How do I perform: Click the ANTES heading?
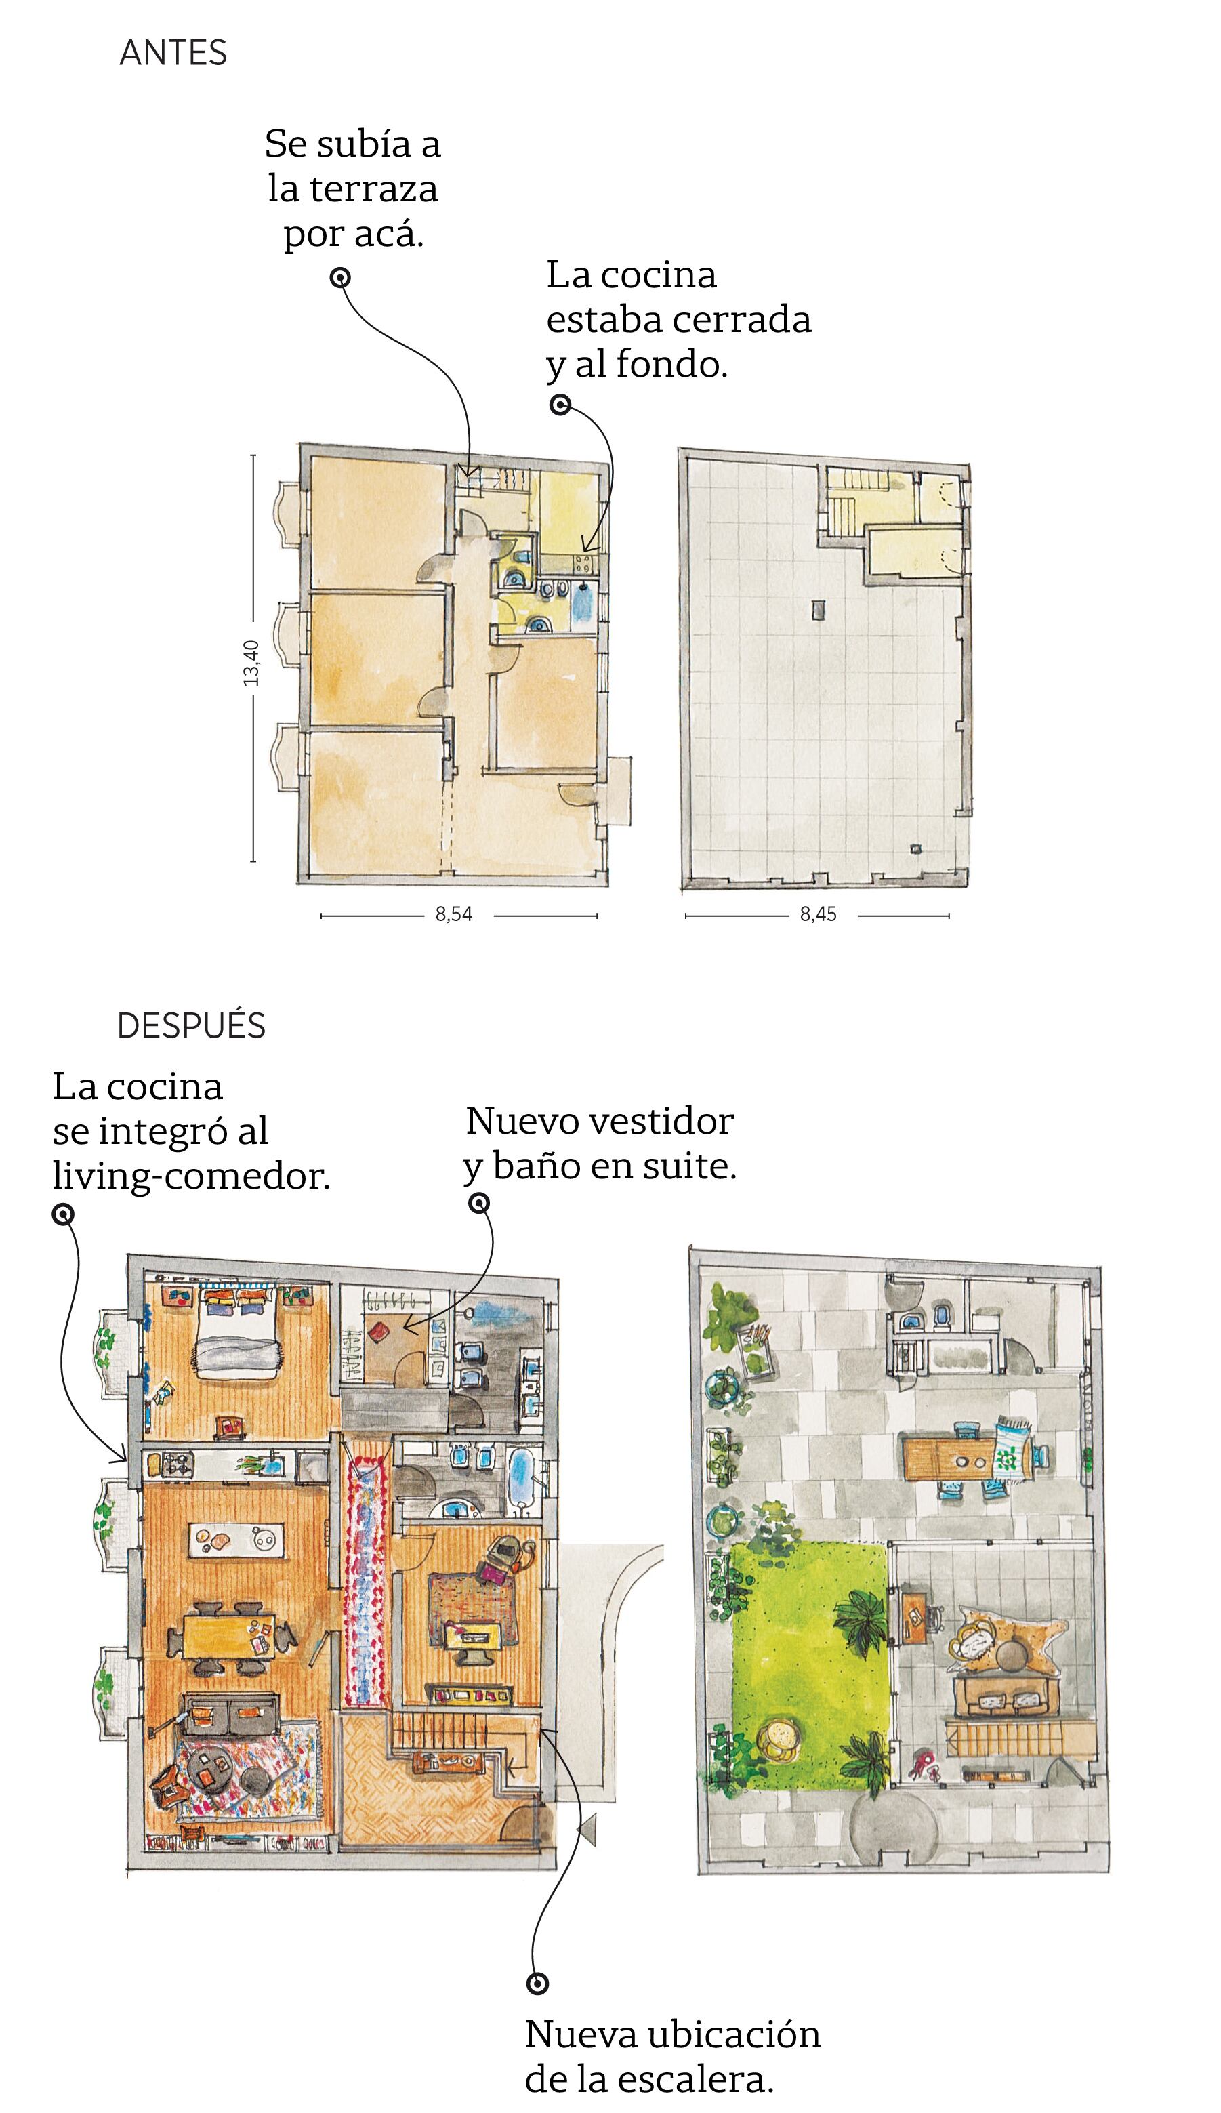pos(173,53)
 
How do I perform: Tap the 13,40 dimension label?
pos(251,662)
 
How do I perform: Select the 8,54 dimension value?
pos(454,915)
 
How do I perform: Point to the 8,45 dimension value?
pos(818,915)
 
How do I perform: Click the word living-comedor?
pos(191,1176)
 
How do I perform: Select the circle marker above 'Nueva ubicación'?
pos(537,1984)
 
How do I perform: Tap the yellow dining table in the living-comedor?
pos(229,1635)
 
